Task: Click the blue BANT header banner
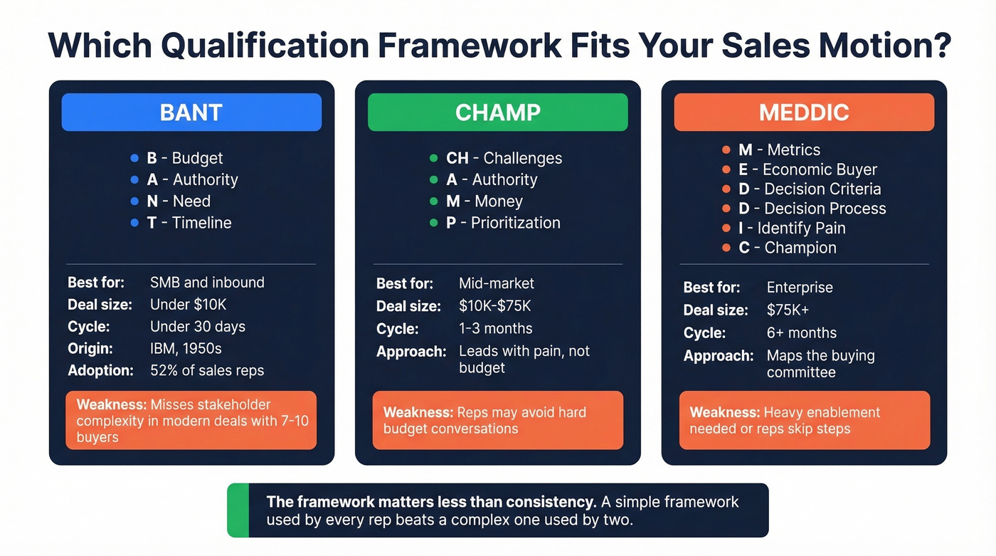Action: click(191, 112)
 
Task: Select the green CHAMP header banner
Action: click(497, 112)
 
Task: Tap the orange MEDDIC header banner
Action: click(804, 112)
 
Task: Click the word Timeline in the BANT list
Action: click(201, 223)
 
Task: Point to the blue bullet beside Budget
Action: click(134, 158)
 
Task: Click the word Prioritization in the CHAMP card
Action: click(515, 223)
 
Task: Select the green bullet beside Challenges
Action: click(434, 158)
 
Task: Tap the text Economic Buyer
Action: click(820, 169)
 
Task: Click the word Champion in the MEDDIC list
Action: click(800, 248)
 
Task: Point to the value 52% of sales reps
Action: click(207, 370)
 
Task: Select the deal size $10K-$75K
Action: click(495, 306)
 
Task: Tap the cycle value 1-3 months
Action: click(496, 329)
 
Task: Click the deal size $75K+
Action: click(788, 310)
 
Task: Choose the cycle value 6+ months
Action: click(802, 333)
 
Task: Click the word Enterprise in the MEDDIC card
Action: click(800, 288)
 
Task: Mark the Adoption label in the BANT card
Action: click(100, 370)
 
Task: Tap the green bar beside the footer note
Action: click(238, 510)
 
